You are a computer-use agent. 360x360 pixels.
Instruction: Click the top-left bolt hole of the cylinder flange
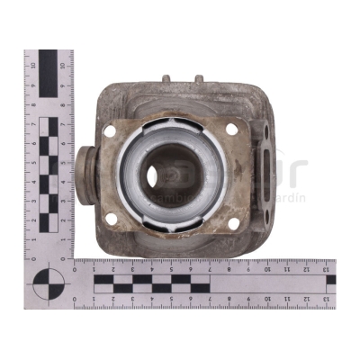(110, 131)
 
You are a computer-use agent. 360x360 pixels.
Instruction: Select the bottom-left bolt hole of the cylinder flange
(111, 219)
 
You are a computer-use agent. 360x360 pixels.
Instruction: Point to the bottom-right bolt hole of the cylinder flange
(232, 221)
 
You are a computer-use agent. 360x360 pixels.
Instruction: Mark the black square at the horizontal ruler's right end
(330, 280)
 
